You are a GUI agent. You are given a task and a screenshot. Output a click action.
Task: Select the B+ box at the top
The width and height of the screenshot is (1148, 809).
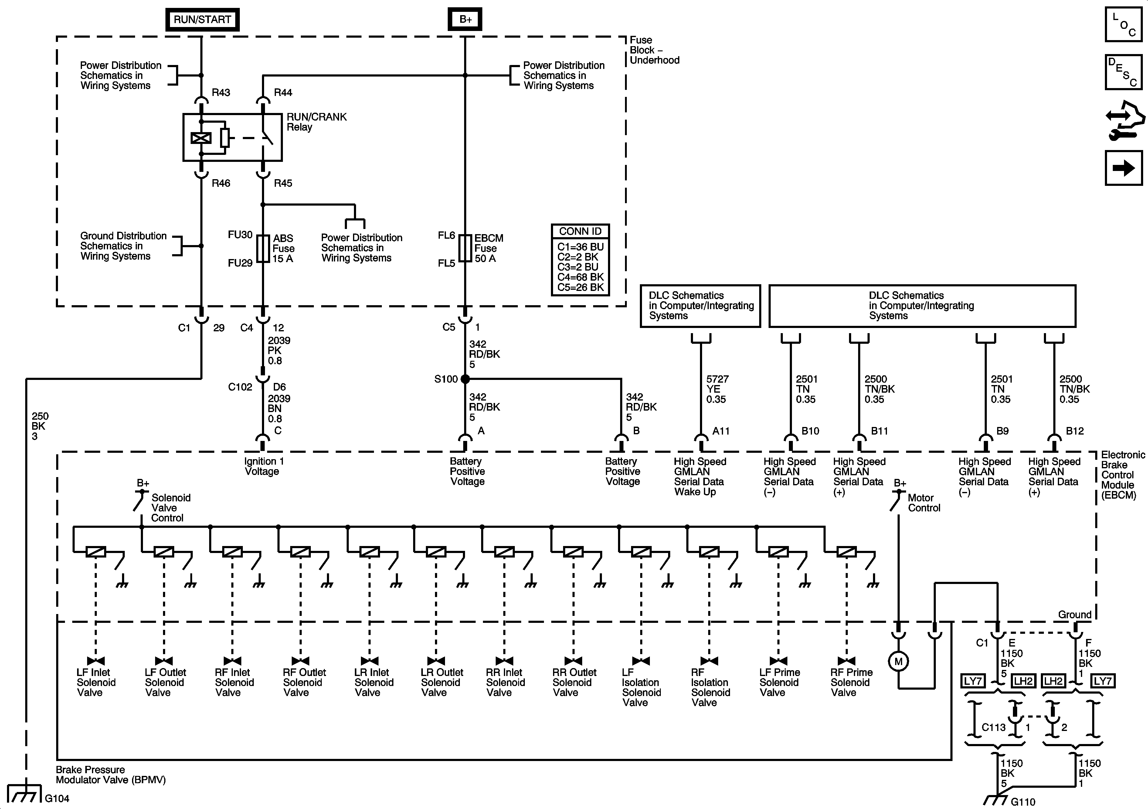465,19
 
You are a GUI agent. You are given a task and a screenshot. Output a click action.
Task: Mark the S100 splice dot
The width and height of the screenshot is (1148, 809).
465,379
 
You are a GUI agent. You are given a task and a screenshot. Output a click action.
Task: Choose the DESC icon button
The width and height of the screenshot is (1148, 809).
1123,72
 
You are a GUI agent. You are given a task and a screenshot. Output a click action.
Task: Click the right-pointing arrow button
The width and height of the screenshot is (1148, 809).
1123,168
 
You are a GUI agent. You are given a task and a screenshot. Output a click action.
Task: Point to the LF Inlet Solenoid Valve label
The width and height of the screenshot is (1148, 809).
96,682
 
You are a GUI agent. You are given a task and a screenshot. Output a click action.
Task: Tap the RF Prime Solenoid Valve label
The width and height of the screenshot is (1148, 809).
851,682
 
